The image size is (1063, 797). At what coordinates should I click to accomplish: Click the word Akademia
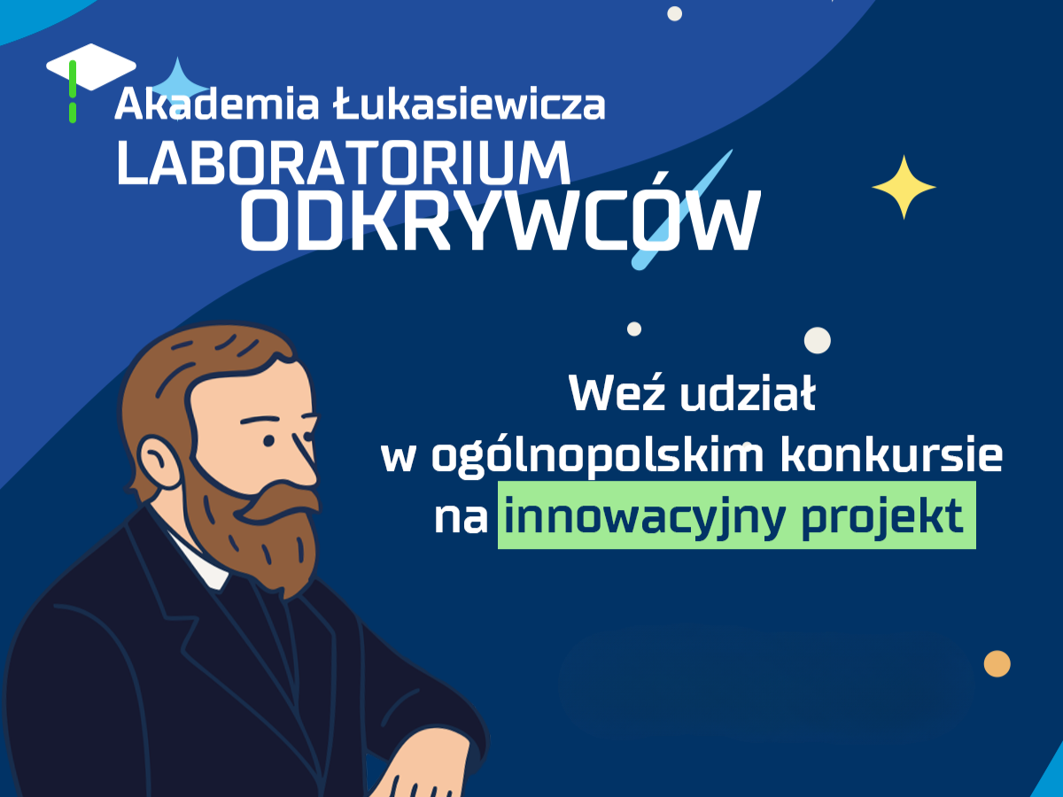pyautogui.click(x=217, y=103)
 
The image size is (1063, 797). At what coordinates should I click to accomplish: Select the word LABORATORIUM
pyautogui.click(x=344, y=163)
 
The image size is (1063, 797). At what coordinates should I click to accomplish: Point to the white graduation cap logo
pyautogui.click(x=91, y=67)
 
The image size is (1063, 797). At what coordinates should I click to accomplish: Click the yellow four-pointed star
pyautogui.click(x=904, y=187)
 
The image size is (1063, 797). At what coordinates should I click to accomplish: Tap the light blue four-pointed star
pyautogui.click(x=178, y=87)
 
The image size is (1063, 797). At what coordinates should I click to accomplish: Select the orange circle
pyautogui.click(x=997, y=664)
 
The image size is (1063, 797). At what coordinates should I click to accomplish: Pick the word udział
pyautogui.click(x=748, y=393)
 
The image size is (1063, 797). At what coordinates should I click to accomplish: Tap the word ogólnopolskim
pyautogui.click(x=598, y=457)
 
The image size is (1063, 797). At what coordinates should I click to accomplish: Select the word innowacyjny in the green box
pyautogui.click(x=644, y=518)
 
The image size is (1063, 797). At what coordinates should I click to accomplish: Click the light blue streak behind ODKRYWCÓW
pyautogui.click(x=682, y=210)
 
